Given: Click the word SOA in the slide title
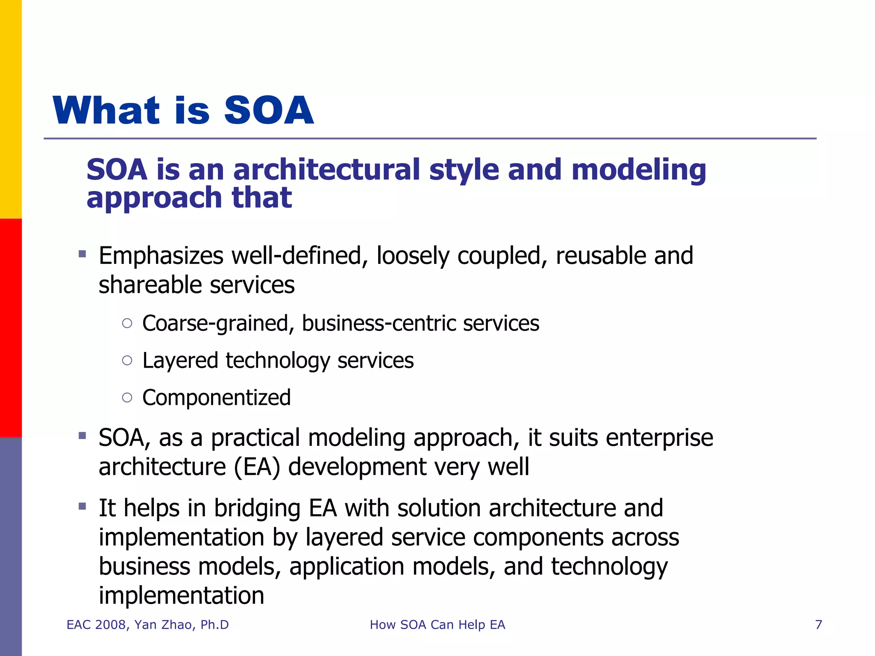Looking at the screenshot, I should [x=269, y=111].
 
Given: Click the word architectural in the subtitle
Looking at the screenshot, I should [x=327, y=170].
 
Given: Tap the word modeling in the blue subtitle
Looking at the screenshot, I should [x=638, y=170].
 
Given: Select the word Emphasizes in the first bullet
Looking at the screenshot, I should [x=161, y=256].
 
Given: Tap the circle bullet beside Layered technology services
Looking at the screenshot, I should [x=127, y=360].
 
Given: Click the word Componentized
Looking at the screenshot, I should [x=216, y=398].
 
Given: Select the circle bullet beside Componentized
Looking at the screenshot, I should [x=127, y=398].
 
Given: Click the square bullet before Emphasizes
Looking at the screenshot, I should [x=82, y=255].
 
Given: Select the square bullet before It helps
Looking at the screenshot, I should [x=82, y=507].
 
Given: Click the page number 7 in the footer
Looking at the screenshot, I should [x=818, y=625].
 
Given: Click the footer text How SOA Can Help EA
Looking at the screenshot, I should [x=437, y=625].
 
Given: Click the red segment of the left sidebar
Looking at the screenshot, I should [x=11, y=328].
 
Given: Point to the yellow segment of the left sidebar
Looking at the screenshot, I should [x=11, y=109].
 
